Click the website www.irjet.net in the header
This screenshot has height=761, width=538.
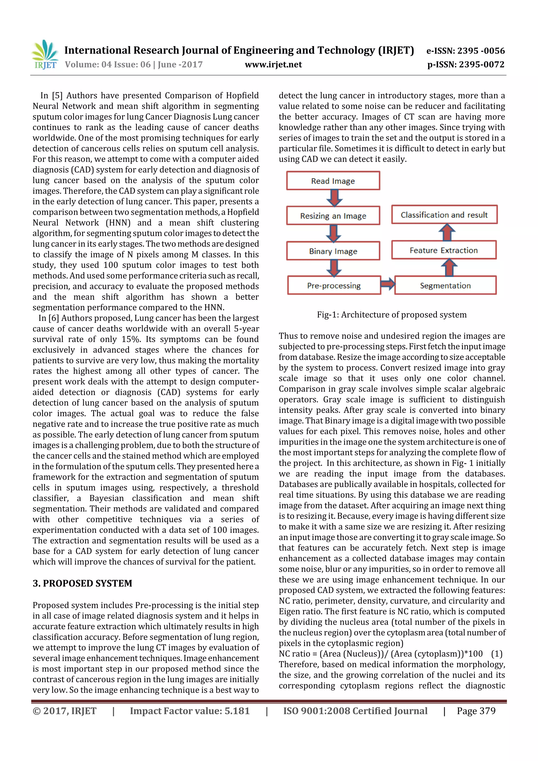click(x=273, y=65)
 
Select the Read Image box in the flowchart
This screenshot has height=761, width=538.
click(x=333, y=181)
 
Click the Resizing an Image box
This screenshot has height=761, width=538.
click(x=333, y=216)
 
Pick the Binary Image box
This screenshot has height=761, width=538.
click(x=333, y=251)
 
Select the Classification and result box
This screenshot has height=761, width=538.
click(x=444, y=215)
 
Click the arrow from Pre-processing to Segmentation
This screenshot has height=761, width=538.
click(x=387, y=284)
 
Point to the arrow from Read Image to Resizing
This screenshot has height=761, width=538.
click(x=334, y=198)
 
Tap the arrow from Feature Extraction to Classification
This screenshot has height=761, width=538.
click(x=447, y=232)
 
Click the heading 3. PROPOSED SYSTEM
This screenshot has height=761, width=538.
click(x=82, y=583)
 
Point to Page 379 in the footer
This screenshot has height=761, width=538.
click(x=476, y=711)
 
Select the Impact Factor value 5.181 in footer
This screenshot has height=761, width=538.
click(x=190, y=711)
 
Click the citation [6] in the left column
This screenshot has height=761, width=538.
click(x=53, y=318)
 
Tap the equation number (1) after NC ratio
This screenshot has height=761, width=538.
click(x=496, y=654)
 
